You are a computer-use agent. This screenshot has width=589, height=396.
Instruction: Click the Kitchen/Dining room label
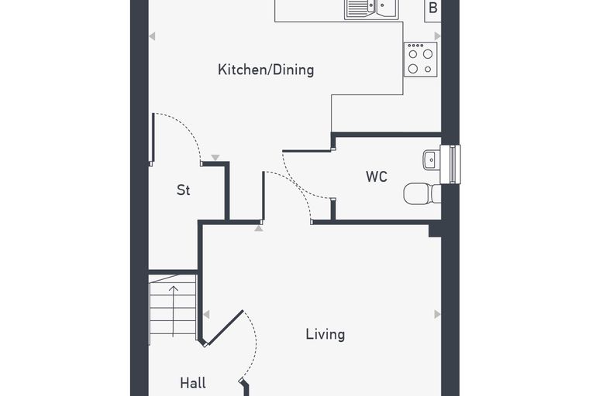point(266,70)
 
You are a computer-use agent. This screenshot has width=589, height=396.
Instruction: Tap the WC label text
point(377,176)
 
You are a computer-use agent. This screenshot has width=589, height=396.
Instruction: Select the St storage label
point(184,190)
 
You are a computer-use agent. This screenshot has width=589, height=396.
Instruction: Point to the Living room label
point(325,334)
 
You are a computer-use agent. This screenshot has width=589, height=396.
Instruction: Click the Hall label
point(193,383)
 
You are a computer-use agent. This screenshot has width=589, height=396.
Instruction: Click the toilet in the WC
point(422,193)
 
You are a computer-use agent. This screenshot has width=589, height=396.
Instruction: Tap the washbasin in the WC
point(431,160)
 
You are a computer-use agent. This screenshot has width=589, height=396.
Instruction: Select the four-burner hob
point(421,60)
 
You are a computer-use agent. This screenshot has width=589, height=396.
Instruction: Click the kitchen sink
point(371,9)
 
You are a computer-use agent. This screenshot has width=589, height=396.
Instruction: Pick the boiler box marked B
point(432,11)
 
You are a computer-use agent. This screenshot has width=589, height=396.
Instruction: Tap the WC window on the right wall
point(450,164)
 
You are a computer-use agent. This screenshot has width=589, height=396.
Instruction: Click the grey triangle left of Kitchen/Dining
point(152,36)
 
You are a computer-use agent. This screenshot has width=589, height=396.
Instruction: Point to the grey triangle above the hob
point(437,36)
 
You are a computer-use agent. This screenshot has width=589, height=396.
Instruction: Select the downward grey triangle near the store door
point(215,158)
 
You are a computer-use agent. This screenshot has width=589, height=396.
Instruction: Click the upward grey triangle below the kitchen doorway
point(259,228)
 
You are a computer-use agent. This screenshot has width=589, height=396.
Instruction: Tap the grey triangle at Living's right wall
point(437,314)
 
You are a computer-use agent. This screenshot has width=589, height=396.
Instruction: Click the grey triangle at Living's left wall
point(206,314)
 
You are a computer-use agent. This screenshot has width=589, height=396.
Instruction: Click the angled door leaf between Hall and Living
point(225,328)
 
